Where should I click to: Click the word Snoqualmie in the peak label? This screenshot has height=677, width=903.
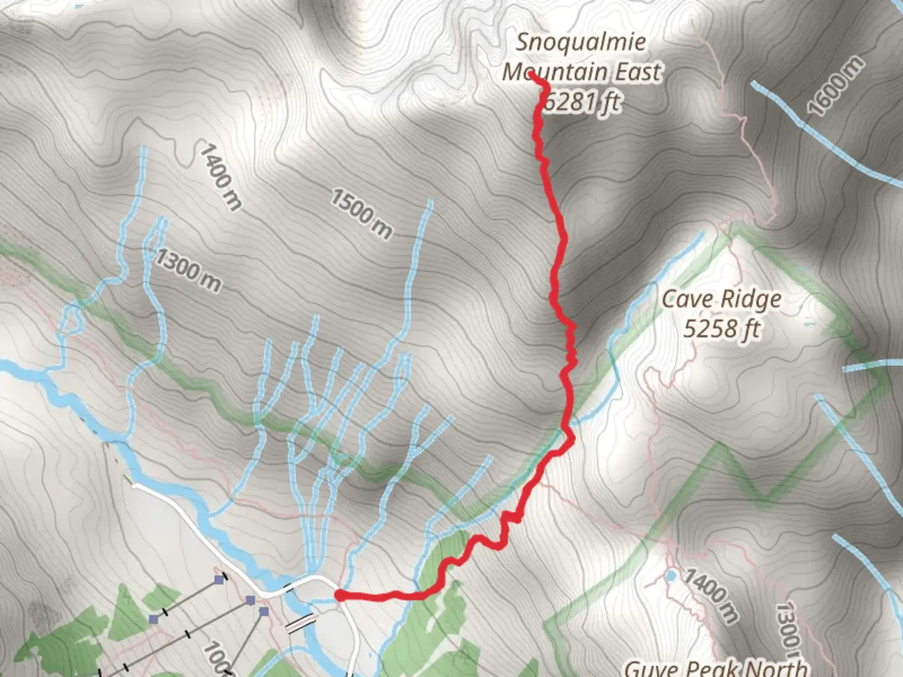tap(580, 42)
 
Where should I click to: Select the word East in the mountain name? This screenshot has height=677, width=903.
tap(638, 72)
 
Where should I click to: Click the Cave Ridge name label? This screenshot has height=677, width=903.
tap(722, 299)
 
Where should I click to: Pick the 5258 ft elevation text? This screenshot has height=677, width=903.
tap(722, 328)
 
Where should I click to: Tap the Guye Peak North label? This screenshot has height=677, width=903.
tap(716, 668)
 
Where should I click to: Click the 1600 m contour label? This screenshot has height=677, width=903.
tap(835, 86)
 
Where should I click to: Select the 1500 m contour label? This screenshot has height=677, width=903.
tap(361, 214)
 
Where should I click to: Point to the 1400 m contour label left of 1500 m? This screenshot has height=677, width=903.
tap(220, 176)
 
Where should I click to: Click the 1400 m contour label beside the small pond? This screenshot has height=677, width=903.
tap(710, 596)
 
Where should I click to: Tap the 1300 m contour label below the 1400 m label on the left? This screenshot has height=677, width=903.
tap(189, 270)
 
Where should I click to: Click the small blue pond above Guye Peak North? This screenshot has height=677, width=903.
tap(671, 575)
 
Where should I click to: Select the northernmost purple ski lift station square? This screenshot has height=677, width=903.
tap(219, 580)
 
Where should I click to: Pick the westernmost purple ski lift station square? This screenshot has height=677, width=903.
tap(154, 619)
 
